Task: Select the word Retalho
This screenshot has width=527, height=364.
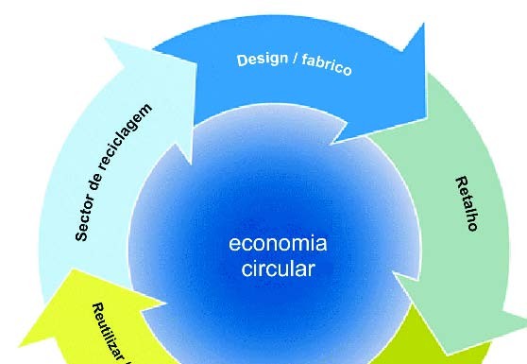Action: [x=467, y=203]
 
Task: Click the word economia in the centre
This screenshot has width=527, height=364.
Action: [x=278, y=243]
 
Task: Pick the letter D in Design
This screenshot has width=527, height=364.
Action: [x=242, y=61]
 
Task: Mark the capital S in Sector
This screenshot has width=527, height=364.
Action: [x=82, y=237]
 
